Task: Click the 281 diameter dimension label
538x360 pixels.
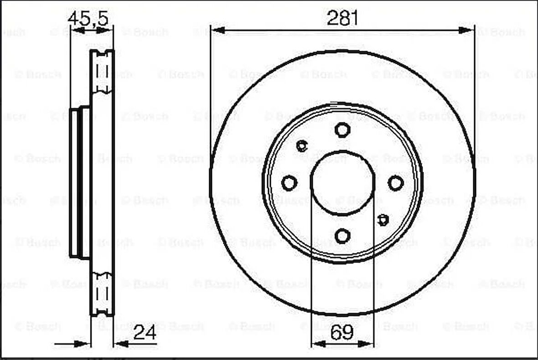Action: [342, 18]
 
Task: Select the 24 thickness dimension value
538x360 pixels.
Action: [145, 333]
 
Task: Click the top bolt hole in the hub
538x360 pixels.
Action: [342, 129]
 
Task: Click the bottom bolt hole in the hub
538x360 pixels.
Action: [342, 236]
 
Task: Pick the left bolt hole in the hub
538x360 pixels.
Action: [289, 183]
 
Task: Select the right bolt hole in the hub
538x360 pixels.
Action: [395, 183]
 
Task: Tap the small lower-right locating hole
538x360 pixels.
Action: [383, 220]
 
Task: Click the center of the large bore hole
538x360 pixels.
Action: [342, 182]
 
